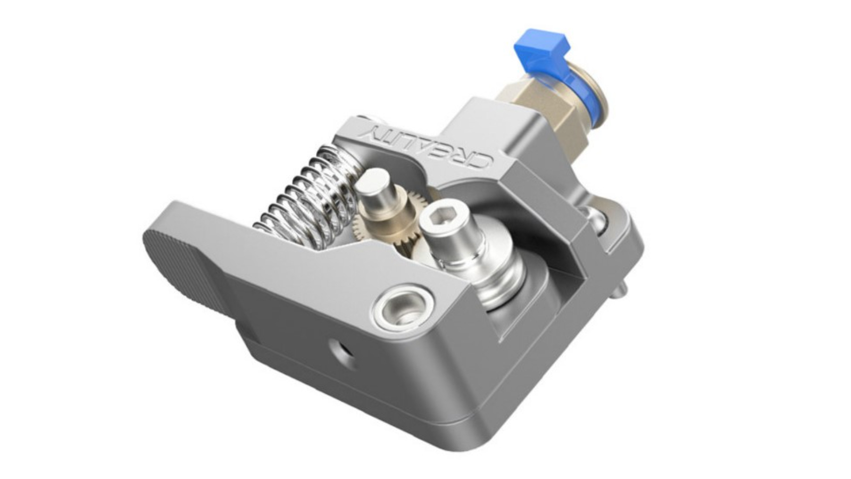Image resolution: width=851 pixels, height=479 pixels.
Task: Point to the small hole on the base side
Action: [x=339, y=351]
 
